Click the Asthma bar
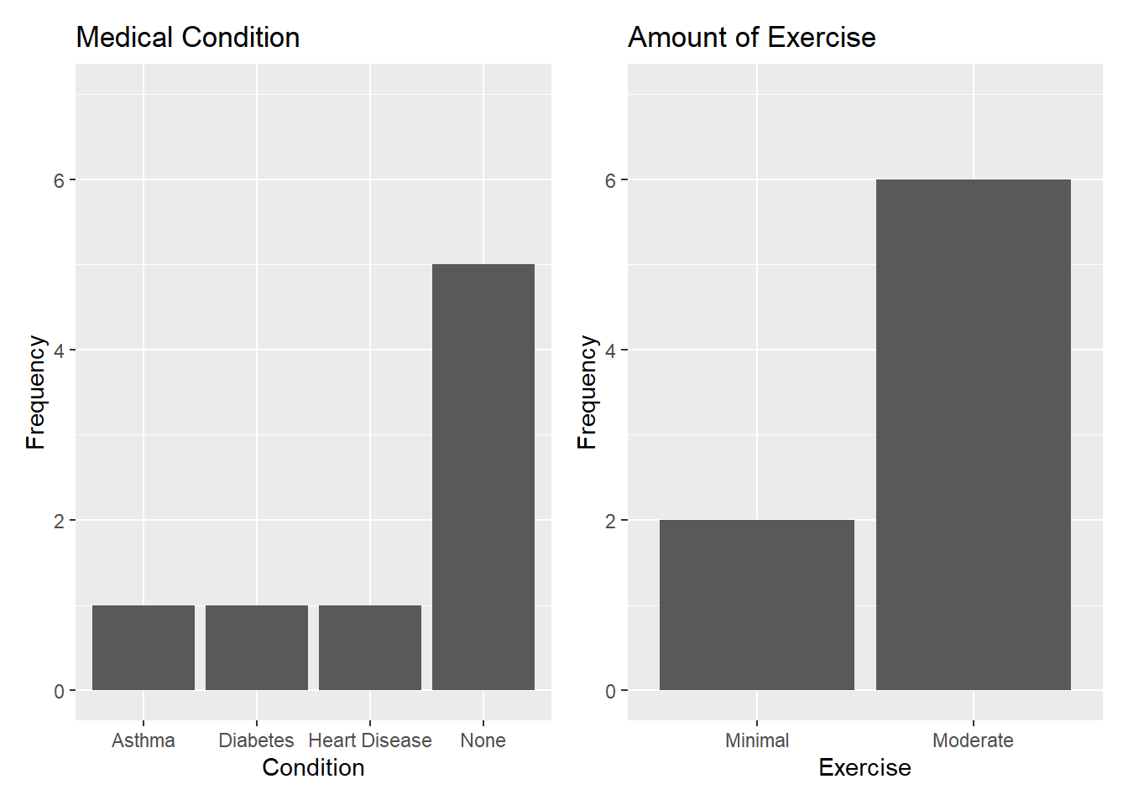144,647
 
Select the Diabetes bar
257,647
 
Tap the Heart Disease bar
370,647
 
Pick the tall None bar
483,477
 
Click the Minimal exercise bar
757,605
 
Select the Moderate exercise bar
974,434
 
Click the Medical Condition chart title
188,37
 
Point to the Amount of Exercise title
752,37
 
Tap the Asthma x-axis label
144,740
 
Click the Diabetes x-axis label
256,740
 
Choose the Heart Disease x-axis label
370,740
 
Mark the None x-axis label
483,740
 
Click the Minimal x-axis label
757,740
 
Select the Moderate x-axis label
973,740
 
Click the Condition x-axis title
313,768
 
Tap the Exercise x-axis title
864,768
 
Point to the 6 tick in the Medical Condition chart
60,180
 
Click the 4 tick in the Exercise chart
611,351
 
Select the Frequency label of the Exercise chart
587,392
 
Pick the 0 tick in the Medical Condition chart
60,691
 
